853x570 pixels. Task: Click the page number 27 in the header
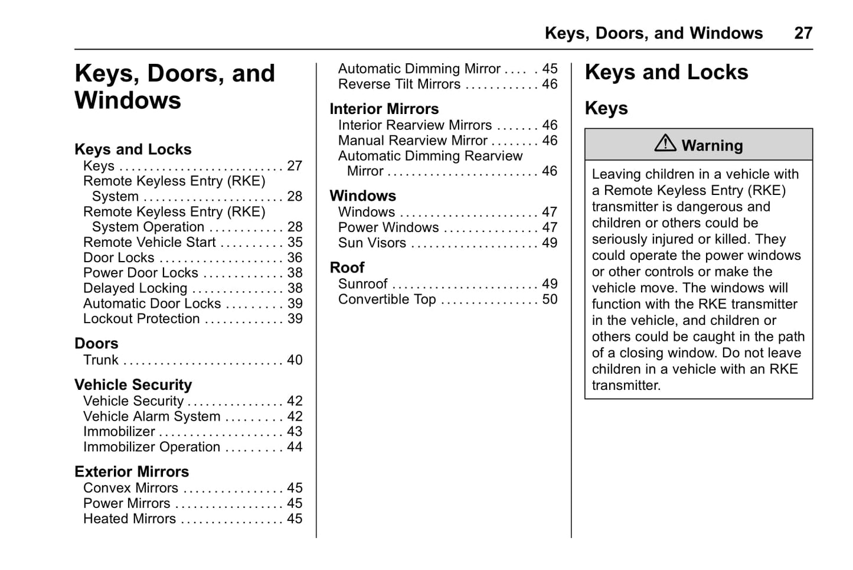tap(803, 33)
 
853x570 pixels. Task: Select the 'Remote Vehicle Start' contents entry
tap(149, 242)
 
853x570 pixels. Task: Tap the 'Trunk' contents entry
tap(101, 360)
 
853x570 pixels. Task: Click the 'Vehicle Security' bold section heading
tap(133, 385)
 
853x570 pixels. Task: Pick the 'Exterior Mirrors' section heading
tap(132, 471)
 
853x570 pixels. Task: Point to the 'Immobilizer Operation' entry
tap(152, 447)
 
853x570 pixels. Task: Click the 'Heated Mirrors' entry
tap(130, 519)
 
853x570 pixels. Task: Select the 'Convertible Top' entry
tap(387, 299)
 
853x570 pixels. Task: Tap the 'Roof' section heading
tap(347, 268)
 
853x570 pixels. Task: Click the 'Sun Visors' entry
tap(372, 243)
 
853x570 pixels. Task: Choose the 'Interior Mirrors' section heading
tap(384, 109)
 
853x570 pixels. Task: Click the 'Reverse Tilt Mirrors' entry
tap(399, 84)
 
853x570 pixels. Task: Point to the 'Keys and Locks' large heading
tap(666, 72)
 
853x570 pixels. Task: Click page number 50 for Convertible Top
tap(550, 299)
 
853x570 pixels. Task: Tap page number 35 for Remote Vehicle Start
tap(295, 242)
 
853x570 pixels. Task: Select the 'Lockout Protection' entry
tap(142, 319)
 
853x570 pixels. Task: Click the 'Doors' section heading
tap(96, 343)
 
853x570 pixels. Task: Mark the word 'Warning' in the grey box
tap(712, 145)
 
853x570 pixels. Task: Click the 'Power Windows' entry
tap(388, 227)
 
